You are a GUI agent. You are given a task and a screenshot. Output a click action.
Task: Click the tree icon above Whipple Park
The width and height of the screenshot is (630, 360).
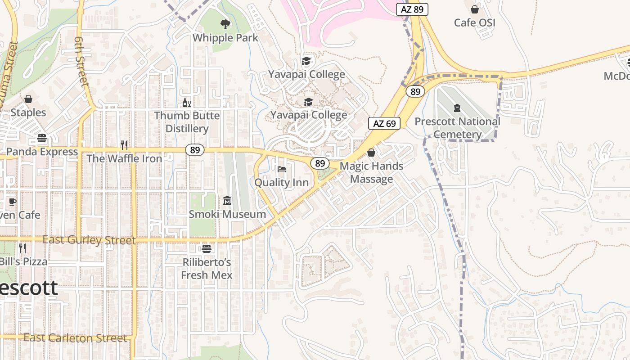point(225,24)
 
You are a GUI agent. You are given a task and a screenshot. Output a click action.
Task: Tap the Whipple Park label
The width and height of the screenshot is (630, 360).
point(225,38)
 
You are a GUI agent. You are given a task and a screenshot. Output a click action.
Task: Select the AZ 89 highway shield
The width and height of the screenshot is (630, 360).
point(412,9)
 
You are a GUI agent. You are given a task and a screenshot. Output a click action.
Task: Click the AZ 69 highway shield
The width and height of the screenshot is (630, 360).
point(384,123)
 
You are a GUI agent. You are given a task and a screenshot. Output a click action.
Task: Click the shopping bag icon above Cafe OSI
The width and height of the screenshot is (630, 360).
point(474,9)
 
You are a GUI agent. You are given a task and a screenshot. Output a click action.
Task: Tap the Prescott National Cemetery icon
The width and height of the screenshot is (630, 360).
point(457,108)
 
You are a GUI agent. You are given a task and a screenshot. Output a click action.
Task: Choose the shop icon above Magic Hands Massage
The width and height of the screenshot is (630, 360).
point(371,153)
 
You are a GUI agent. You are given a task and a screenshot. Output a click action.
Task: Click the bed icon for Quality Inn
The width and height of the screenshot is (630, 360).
point(282,169)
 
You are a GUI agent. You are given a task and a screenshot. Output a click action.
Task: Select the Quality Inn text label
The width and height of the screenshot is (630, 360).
point(282,182)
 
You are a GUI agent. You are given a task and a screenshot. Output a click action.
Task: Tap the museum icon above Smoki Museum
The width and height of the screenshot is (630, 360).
point(227,200)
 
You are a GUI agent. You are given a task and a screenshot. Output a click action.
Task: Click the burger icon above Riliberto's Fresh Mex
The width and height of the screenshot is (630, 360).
point(207,248)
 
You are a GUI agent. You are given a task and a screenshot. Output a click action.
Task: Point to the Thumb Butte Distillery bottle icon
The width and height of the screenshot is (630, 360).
point(186,103)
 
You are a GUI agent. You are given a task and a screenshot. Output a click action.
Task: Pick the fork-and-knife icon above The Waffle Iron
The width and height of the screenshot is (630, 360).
point(124,145)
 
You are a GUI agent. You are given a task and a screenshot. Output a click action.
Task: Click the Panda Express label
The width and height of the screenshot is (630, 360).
point(42,152)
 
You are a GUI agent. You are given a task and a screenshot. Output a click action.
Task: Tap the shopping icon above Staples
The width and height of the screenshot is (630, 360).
point(28,99)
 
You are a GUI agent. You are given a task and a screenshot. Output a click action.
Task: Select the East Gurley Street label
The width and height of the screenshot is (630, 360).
point(89,240)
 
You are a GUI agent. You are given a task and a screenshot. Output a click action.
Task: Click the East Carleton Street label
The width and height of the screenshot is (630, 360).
point(75,338)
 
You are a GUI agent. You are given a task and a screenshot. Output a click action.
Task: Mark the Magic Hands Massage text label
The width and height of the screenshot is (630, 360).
point(371,173)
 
